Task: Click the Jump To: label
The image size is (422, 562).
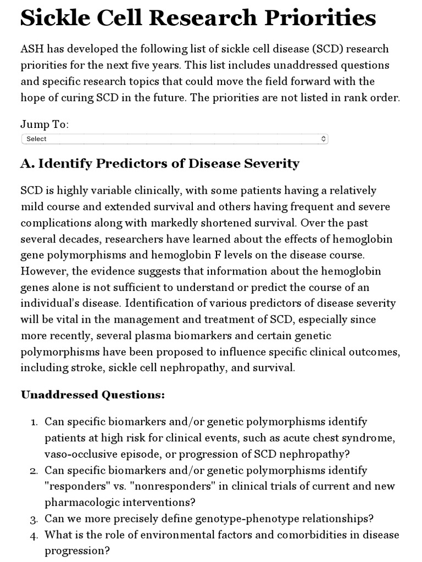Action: tap(45, 124)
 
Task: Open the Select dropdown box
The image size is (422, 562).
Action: tap(175, 139)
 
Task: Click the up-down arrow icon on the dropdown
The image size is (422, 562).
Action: tap(323, 139)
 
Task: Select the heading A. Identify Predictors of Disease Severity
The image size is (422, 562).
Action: tap(160, 164)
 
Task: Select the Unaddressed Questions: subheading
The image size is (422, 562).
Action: tap(93, 395)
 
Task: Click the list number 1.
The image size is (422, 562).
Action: tap(34, 422)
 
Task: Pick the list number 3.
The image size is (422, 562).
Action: tap(34, 519)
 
